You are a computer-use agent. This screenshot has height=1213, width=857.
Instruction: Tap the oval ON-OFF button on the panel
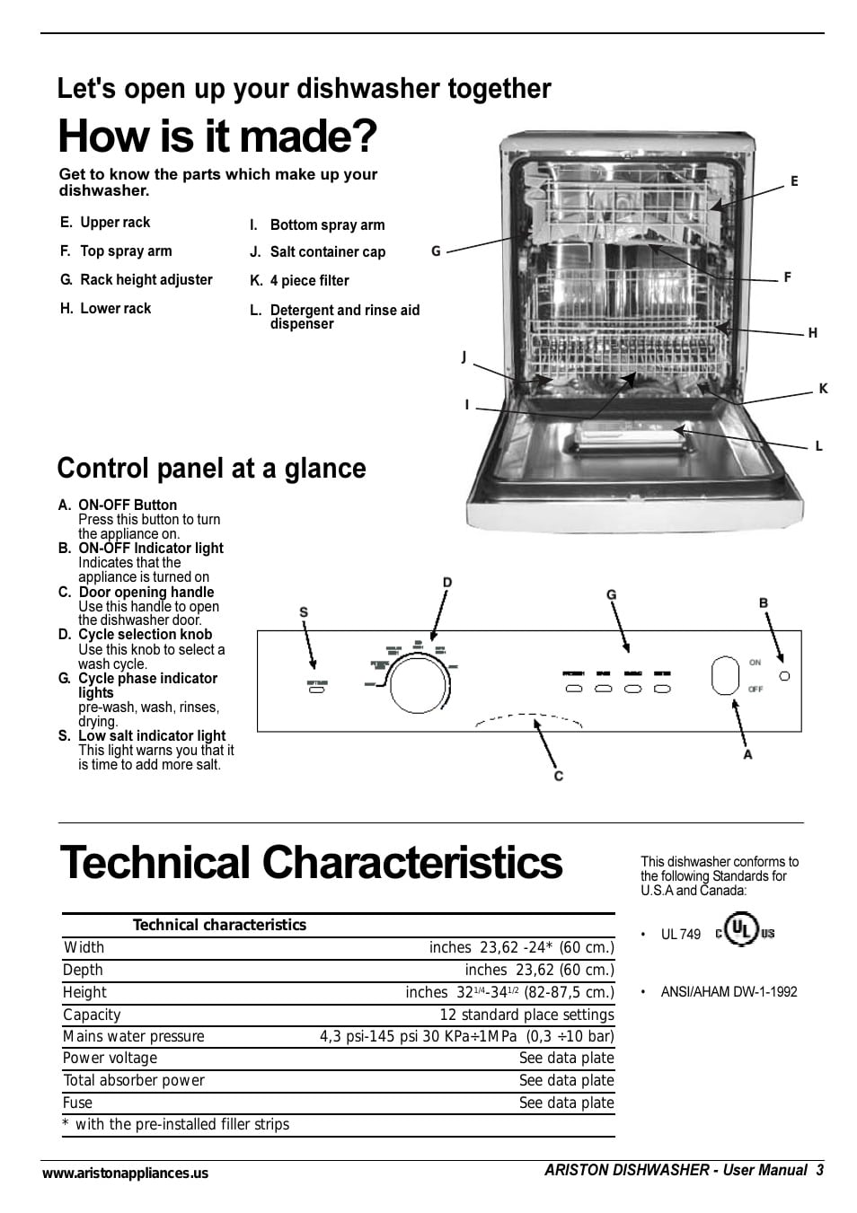pos(724,676)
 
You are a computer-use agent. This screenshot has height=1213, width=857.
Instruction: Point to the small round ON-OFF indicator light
pos(784,675)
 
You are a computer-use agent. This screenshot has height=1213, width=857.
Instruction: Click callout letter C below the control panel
pos(558,776)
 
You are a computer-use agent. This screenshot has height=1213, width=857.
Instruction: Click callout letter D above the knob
pos(446,583)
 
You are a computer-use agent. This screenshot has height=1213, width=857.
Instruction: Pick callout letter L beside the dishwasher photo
pos(818,446)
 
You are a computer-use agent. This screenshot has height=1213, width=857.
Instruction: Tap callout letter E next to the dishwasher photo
pos(794,181)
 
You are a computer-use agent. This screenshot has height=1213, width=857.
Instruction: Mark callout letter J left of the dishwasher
pos(464,357)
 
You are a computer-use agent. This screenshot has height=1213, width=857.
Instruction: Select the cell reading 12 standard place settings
pos(526,1015)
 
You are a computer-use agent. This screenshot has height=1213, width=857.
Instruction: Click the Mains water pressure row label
pos(134,1036)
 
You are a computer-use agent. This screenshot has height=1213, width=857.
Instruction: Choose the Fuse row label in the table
pos(78,1103)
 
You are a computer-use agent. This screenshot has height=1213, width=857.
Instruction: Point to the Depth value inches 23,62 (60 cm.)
pos(539,970)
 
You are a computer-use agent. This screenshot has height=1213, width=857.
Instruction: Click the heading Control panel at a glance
pos(211,469)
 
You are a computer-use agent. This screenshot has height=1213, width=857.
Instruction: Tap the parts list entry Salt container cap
pos(327,252)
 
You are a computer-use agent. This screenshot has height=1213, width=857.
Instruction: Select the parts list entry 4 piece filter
pos(309,281)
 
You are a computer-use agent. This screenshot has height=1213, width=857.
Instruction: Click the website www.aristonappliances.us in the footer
pos(125,1173)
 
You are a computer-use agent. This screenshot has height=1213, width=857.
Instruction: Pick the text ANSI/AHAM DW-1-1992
pos(729,992)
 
